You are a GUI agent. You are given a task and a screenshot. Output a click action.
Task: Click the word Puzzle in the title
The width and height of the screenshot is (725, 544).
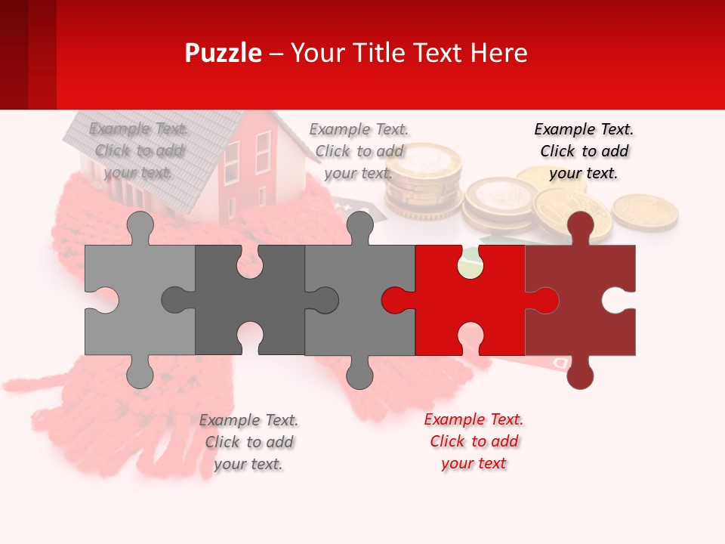tap(223, 53)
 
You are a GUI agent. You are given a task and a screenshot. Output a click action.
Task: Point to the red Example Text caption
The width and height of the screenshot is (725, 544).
tap(474, 441)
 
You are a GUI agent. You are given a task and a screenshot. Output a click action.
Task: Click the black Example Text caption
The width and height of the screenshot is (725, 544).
tap(584, 151)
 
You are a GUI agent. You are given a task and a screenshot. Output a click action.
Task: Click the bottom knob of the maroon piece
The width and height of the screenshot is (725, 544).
tap(580, 375)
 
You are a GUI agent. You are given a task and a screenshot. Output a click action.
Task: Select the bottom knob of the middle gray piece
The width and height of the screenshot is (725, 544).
tap(359, 375)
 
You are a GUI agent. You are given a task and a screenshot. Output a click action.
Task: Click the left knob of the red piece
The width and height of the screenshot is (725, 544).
tap(394, 300)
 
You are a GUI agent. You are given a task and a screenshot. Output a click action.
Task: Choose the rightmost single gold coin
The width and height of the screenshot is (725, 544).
tap(644, 212)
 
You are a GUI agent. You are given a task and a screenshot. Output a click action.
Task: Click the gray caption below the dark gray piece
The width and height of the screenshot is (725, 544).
tap(248, 442)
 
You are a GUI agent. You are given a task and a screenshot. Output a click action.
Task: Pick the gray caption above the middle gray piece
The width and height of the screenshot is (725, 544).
tap(359, 151)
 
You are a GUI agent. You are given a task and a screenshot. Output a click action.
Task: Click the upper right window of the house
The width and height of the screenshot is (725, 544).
tap(263, 151)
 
